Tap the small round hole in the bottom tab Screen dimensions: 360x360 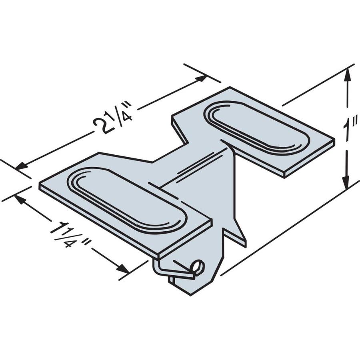198,266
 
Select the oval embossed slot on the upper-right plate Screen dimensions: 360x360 256,128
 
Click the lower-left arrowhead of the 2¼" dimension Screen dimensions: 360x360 22,165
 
